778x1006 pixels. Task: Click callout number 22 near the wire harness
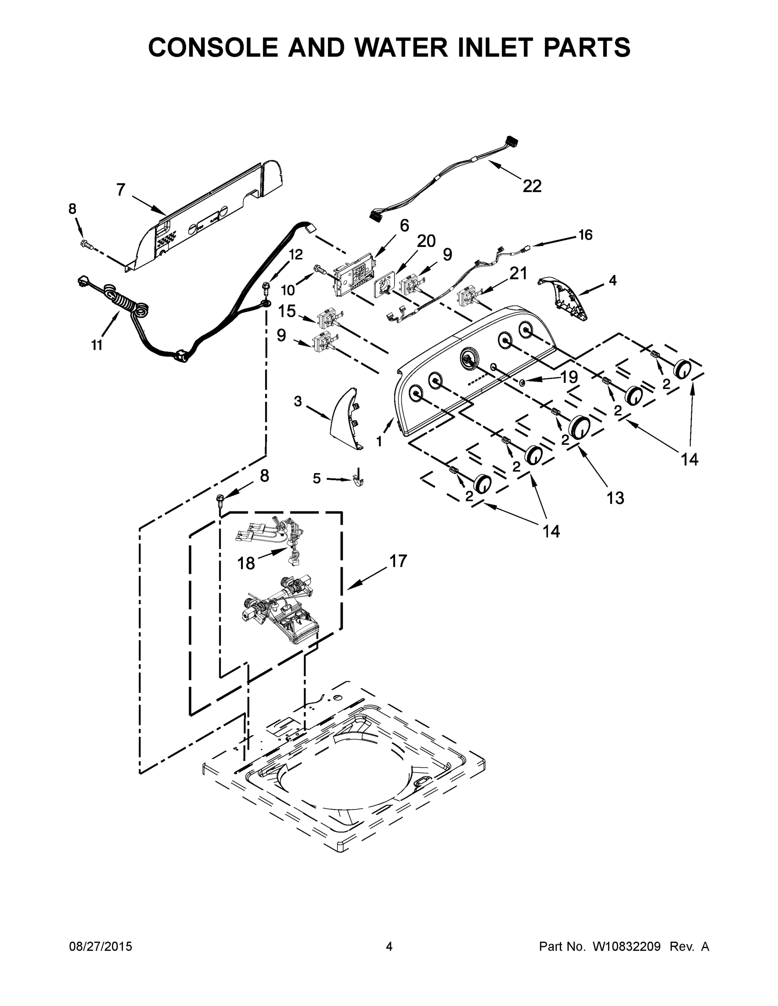pos(532,186)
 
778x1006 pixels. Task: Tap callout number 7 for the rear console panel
pos(121,190)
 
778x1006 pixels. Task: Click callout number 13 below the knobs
pos(615,498)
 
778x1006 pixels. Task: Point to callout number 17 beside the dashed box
pos(398,561)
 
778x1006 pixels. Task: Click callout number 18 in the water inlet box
pos(246,563)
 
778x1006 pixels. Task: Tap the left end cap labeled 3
pos(345,417)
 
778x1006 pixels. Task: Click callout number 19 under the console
pos(569,377)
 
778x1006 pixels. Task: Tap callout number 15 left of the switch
pos(287,311)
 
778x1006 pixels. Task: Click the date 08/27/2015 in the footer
pos(101,946)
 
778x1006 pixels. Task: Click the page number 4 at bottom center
pos(389,946)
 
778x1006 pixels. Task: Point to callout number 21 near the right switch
pos(518,274)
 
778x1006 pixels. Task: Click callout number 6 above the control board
pos(404,226)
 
